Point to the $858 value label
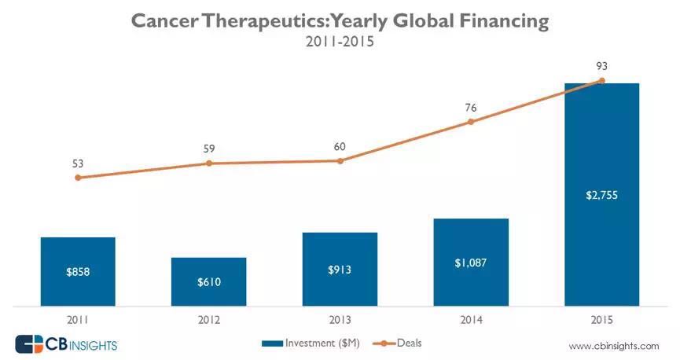click(78, 272)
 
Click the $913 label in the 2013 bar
click(340, 270)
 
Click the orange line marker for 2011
click(78, 178)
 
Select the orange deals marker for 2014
click(471, 122)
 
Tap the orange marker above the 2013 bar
click(340, 160)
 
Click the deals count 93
click(602, 66)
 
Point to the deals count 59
click(209, 148)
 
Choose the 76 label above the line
click(471, 107)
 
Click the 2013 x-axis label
click(340, 320)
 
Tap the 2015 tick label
click(601, 320)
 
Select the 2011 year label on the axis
click(78, 320)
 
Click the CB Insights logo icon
click(31, 344)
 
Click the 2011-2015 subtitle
click(339, 42)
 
